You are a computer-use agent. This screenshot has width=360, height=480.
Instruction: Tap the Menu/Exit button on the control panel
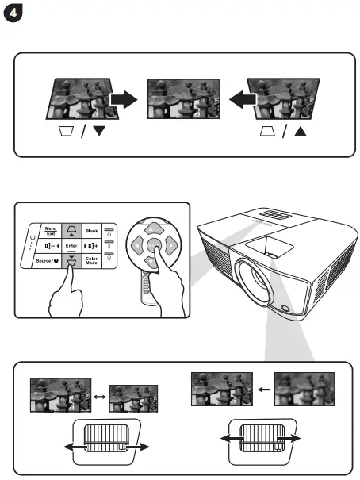pyautogui.click(x=50, y=230)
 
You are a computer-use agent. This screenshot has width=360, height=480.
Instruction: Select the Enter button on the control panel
pyautogui.click(x=71, y=247)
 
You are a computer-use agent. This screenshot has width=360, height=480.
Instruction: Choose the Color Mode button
pyautogui.click(x=91, y=263)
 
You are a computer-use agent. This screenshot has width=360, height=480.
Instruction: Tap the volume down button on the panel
pyautogui.click(x=50, y=247)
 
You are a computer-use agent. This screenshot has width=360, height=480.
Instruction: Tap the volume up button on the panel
pyautogui.click(x=91, y=247)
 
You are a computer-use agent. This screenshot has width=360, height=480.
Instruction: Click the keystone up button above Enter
pyautogui.click(x=71, y=230)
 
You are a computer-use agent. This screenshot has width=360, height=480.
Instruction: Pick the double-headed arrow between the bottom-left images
pyautogui.click(x=100, y=392)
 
